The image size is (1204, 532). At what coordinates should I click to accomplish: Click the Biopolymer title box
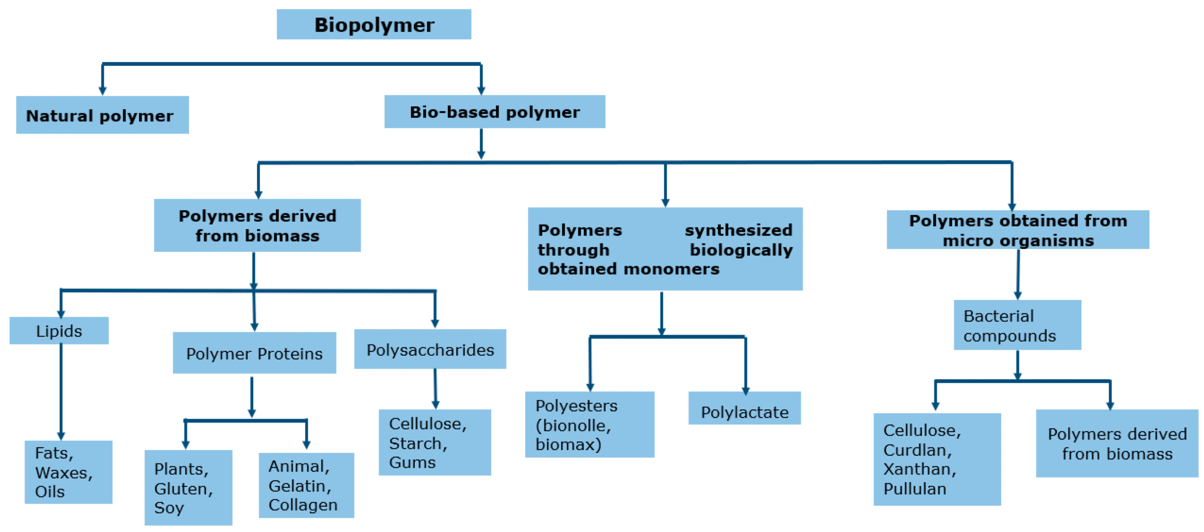tap(373, 24)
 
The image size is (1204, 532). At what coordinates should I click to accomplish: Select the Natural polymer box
tap(102, 115)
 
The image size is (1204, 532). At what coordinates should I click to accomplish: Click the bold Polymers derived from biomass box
tap(257, 225)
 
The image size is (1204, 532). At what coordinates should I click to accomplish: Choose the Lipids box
tap(59, 331)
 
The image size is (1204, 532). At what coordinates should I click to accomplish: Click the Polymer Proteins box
tap(254, 353)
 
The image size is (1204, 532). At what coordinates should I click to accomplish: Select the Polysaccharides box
tap(429, 350)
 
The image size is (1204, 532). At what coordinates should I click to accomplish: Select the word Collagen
tap(302, 504)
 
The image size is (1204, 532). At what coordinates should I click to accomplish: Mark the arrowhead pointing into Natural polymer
tap(102, 91)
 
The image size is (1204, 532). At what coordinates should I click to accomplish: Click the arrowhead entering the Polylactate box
tap(745, 390)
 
